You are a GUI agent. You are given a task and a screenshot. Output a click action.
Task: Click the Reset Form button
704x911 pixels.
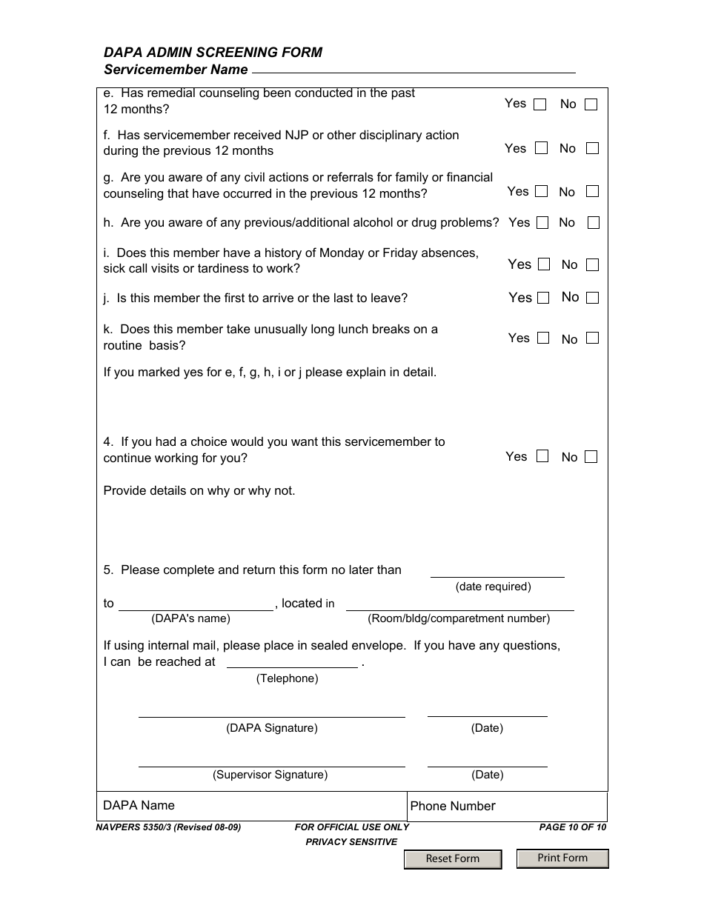(453, 858)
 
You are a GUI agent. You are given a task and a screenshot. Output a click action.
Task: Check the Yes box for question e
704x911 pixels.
(540, 104)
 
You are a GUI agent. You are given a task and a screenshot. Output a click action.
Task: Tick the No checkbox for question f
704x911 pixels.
(592, 148)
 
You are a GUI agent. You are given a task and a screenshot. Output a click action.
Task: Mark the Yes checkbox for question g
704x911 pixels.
(542, 191)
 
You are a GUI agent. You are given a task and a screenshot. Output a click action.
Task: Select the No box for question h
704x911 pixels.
(593, 222)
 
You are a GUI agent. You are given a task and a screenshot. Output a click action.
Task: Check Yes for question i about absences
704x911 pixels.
(544, 264)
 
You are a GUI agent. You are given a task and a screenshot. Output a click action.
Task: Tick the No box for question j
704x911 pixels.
(592, 298)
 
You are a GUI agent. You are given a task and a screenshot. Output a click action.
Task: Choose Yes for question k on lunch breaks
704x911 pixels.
(543, 338)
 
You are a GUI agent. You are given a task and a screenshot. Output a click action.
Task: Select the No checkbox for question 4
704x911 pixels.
(591, 457)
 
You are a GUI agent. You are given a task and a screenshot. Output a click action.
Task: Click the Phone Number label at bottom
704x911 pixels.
(453, 806)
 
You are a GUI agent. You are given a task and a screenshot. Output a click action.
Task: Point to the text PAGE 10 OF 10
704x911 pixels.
(572, 827)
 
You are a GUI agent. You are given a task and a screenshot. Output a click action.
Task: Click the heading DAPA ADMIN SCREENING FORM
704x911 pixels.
(213, 53)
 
